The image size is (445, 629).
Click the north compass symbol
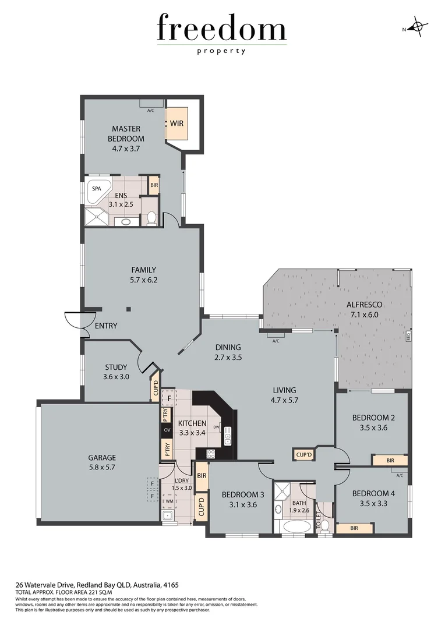[x=418, y=27]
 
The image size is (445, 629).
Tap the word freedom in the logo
[x=222, y=29]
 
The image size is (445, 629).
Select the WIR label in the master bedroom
[x=177, y=123]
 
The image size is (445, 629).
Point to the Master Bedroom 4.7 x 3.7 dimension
[x=126, y=148]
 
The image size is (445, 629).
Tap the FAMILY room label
[x=143, y=270]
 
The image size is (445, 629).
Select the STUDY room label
[x=116, y=367]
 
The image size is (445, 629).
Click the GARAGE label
[x=103, y=457]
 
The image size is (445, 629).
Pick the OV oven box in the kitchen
[x=166, y=430]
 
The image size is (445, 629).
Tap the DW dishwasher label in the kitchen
[x=216, y=427]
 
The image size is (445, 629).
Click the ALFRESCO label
[x=364, y=305]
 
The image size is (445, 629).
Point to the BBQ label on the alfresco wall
[x=408, y=337]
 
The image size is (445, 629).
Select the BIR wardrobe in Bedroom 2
[x=390, y=460]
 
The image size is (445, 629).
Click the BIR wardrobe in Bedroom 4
[x=354, y=528]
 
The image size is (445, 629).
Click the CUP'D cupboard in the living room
[x=303, y=454]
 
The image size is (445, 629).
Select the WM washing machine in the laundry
[x=169, y=500]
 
